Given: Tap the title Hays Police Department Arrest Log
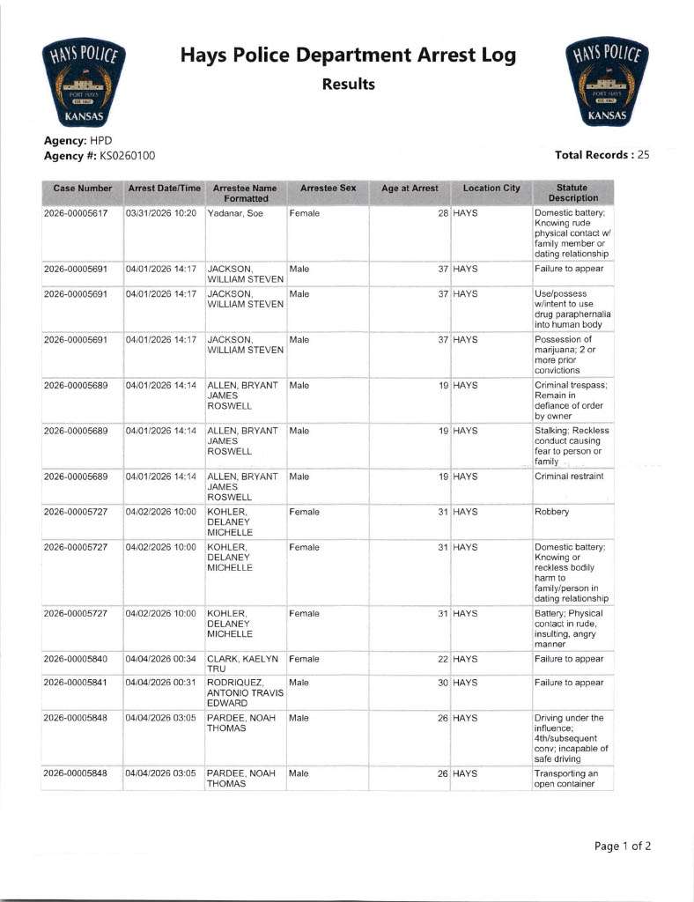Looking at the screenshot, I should click(x=348, y=56).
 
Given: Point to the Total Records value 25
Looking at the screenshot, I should click(x=643, y=155).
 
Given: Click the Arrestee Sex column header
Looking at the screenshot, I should click(x=328, y=189).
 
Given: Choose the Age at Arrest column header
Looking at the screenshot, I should click(x=410, y=189).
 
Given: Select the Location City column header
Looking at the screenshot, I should click(x=491, y=189).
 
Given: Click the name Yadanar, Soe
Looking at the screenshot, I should click(x=235, y=214).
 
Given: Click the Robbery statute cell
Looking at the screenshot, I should click(x=552, y=511).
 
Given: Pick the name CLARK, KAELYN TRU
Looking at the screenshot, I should click(x=241, y=663).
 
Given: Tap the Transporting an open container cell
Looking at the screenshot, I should click(x=566, y=779).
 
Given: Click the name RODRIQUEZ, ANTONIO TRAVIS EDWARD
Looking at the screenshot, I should click(x=244, y=692).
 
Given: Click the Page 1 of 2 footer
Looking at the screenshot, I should click(x=623, y=847).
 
